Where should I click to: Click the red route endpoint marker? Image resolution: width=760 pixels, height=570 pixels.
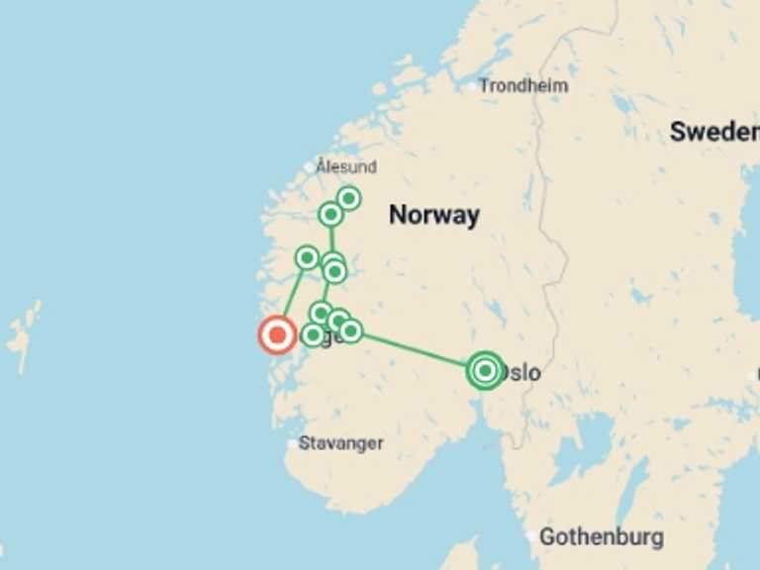coord(277,335)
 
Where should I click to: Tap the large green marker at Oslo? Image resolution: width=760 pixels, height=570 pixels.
coord(485,370)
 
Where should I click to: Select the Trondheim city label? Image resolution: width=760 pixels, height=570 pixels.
coord(523,86)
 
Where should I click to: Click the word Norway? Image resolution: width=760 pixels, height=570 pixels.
coord(433,215)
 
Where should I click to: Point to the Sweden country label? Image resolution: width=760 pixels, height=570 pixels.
coord(713,132)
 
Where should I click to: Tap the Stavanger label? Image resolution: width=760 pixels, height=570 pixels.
coord(340,443)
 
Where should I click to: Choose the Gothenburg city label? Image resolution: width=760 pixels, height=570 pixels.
coord(601,537)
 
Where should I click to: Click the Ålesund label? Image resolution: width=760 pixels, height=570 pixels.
coord(346,166)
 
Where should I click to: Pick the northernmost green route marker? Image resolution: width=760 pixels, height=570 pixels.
coord(348,199)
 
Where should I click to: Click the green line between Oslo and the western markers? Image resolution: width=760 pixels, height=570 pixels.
coord(416,349)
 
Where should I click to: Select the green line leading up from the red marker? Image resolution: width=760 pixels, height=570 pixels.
coord(293,295)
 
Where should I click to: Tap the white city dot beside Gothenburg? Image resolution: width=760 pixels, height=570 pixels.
coord(533,537)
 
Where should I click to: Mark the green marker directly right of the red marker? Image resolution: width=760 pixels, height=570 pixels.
coord(312,335)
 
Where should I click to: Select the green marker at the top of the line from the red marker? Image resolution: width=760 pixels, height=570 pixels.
coord(307,258)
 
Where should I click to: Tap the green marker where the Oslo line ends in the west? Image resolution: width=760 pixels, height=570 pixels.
coord(350,331)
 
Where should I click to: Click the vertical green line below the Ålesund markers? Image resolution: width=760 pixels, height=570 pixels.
coord(332,238)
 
